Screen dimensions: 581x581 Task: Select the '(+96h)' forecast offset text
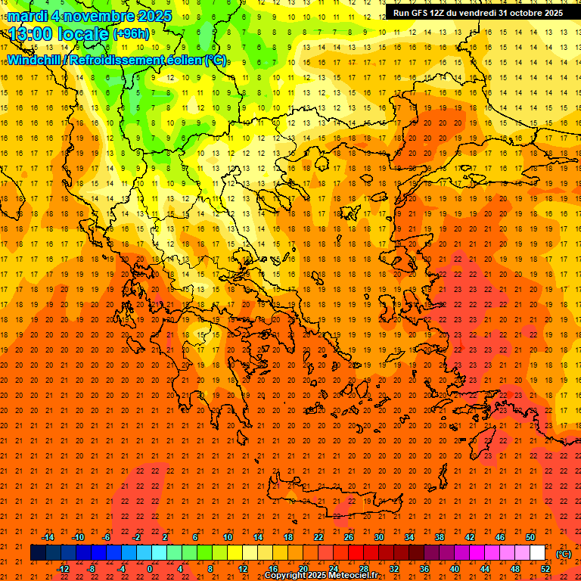pos(131,33)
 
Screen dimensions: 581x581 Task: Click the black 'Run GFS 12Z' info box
pos(477,13)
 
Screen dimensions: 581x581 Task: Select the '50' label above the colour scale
pos(530,537)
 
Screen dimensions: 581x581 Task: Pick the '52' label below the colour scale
pos(545,569)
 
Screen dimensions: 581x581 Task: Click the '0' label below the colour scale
pos(150,569)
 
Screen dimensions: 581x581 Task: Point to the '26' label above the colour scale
pos(348,537)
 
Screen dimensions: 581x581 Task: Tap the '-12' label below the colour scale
pos(63,569)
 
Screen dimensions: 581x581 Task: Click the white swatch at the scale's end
pos(537,553)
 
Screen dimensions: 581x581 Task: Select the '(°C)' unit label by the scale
pos(564,554)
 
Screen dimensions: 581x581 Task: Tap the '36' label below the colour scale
pos(424,569)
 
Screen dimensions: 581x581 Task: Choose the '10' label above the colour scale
pos(227,537)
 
